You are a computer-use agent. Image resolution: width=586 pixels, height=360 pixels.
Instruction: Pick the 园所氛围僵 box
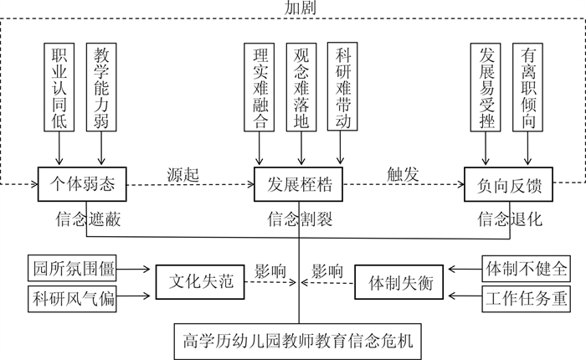coord(71,270)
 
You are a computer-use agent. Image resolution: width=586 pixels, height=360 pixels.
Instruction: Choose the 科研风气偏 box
coord(71,296)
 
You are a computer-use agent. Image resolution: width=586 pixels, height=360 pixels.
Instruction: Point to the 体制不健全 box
coord(526,270)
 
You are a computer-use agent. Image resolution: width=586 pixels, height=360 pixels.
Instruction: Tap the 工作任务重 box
coord(526,296)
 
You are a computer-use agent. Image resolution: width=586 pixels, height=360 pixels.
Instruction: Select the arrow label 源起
coord(183,176)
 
